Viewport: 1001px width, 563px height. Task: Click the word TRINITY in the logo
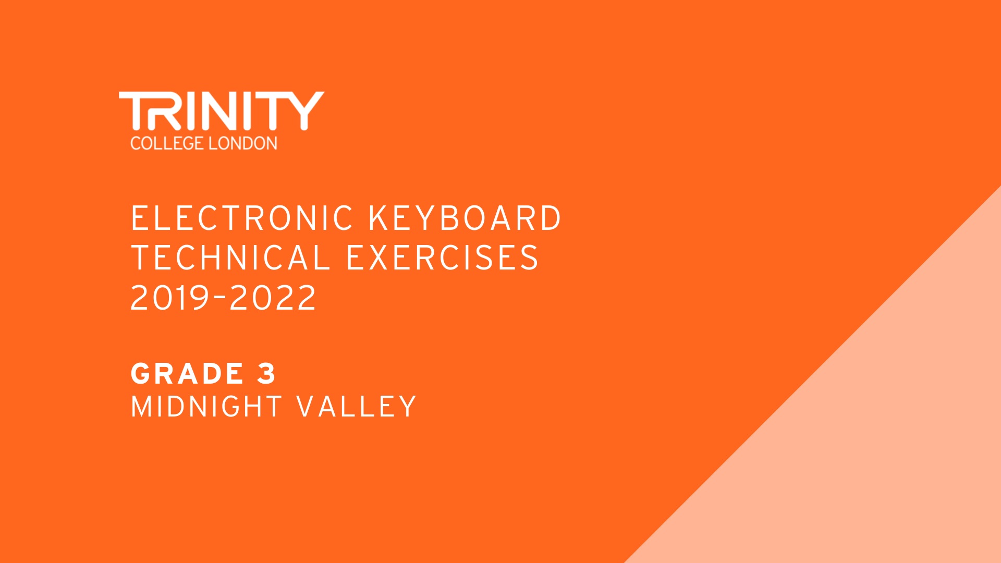(222, 111)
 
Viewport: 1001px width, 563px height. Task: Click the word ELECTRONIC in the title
(242, 218)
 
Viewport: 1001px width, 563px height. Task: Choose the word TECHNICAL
(231, 258)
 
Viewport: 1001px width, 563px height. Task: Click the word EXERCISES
(442, 258)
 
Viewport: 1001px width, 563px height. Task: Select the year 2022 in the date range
(273, 298)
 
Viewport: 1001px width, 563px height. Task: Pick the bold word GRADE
(187, 374)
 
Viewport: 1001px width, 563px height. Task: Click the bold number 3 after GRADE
(266, 374)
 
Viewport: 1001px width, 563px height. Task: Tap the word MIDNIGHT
(206, 407)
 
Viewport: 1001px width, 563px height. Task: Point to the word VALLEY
(357, 407)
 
